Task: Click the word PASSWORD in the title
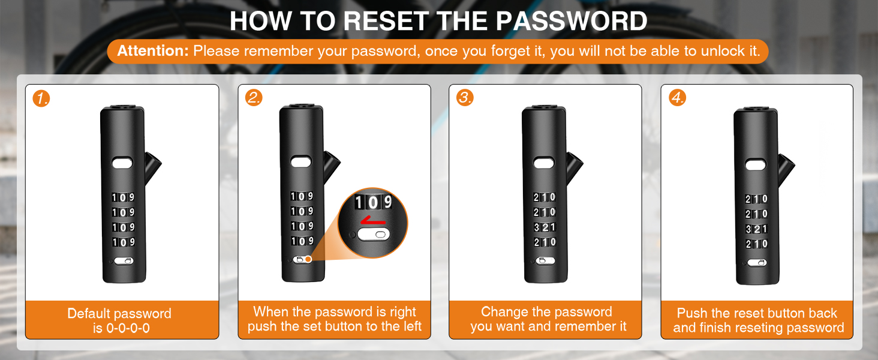tap(572, 21)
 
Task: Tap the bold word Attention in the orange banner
tap(153, 51)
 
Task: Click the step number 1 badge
tap(41, 98)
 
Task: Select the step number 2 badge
tap(254, 98)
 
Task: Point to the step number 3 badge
tap(465, 98)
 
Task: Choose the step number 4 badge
tap(677, 98)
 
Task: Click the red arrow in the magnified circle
tap(373, 221)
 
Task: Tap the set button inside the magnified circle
tap(374, 235)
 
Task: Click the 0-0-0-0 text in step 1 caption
tap(128, 328)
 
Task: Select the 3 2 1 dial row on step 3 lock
tap(545, 227)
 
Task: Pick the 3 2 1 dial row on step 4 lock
tap(756, 229)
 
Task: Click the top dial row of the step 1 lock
tap(123, 197)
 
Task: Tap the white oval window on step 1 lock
tap(123, 163)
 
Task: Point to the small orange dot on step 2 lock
tap(308, 259)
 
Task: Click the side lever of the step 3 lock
tap(574, 167)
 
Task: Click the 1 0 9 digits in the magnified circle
tap(374, 202)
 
